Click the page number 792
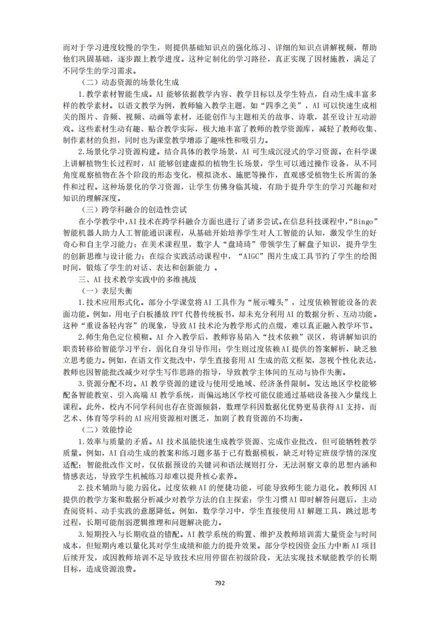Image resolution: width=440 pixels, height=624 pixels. (219, 582)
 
